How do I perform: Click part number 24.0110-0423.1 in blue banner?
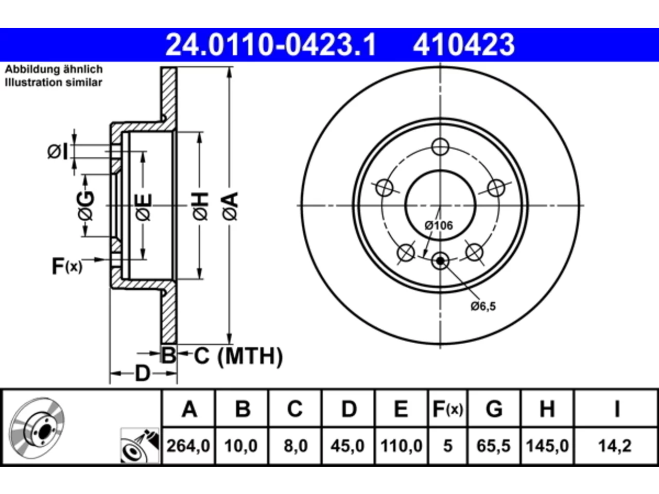pos(270,45)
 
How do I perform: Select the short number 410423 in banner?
pos(464,45)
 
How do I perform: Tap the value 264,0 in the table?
pos(188,446)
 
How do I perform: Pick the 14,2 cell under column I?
pos(615,446)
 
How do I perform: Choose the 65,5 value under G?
pos(493,446)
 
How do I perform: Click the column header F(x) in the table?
pos(447,409)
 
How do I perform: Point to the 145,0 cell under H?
pos(547,446)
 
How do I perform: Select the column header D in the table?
pos(349,409)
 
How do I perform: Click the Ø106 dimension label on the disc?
pos(439,225)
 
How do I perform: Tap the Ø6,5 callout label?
pos(483,306)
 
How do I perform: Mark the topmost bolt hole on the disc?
pos(440,147)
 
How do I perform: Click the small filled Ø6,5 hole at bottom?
pos(440,261)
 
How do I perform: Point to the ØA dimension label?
pos(230,206)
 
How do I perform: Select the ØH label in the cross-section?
pos(200,206)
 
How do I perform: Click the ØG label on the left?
pos(85,206)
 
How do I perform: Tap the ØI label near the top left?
pos(58,152)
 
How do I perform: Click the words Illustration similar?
pos(54,82)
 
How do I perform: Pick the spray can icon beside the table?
pos(140,446)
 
